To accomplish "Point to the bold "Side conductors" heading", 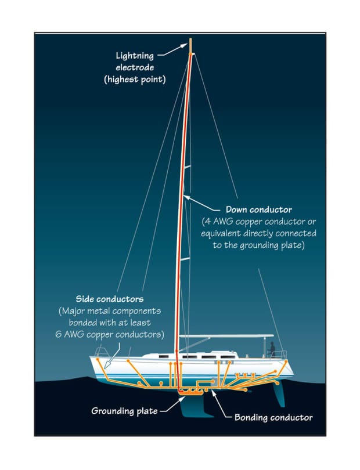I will (110, 299).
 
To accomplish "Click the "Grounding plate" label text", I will (124, 411).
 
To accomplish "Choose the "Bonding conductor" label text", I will (273, 417).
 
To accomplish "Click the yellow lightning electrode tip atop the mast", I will (190, 46).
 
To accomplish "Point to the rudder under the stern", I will (282, 400).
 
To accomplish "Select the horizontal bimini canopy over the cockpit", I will (226, 336).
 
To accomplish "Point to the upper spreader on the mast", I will (186, 167).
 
